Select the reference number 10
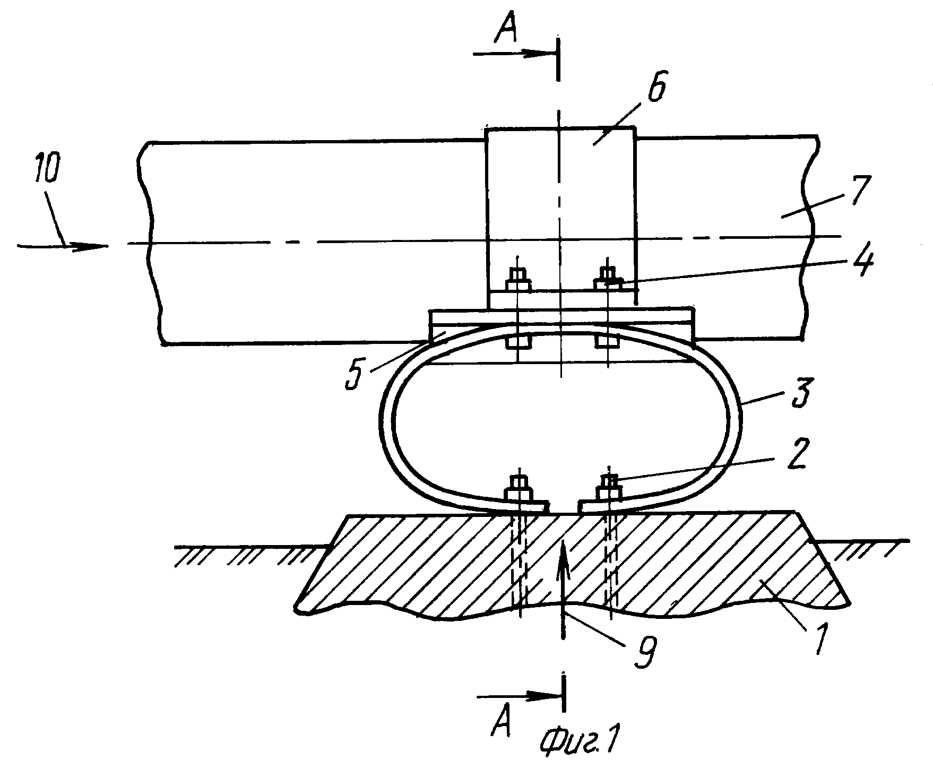45,167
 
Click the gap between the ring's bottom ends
564,507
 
